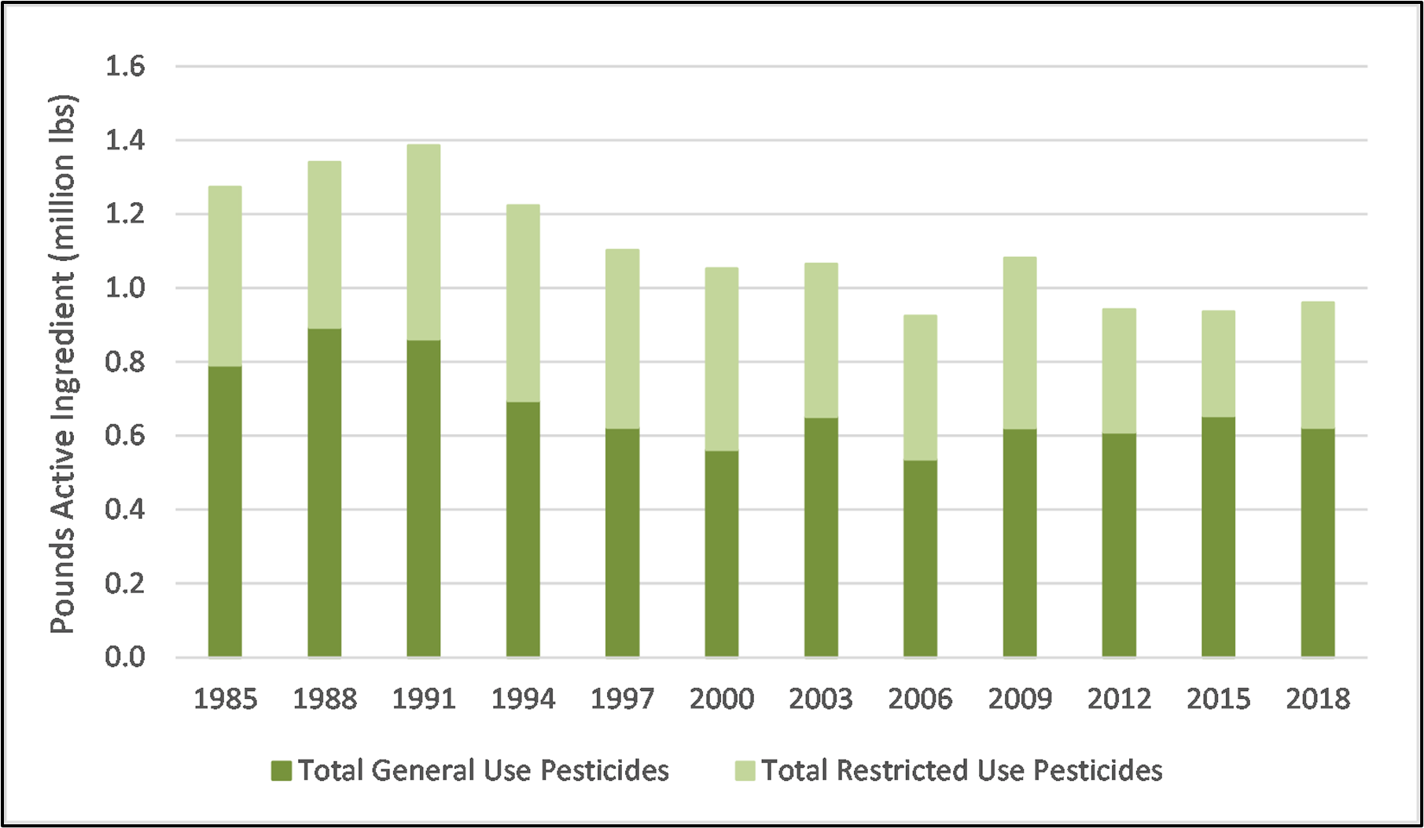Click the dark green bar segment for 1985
pos(225,511)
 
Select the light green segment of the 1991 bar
pos(424,242)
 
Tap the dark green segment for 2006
pos(920,558)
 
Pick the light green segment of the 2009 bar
pos(1020,343)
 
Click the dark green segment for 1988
pos(325,492)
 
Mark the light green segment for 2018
pos(1318,365)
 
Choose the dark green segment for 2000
pos(722,554)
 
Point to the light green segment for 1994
pos(523,304)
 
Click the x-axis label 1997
pos(622,699)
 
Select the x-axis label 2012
pos(1119,699)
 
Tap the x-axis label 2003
pos(821,699)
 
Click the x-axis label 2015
pos(1218,699)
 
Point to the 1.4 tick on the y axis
pos(125,141)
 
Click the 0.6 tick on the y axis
pos(125,436)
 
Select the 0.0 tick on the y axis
pos(125,657)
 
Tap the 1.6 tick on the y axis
pos(125,67)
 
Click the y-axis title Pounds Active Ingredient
pos(63,364)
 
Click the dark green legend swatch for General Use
pos(281,771)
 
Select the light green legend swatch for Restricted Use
pos(745,771)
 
